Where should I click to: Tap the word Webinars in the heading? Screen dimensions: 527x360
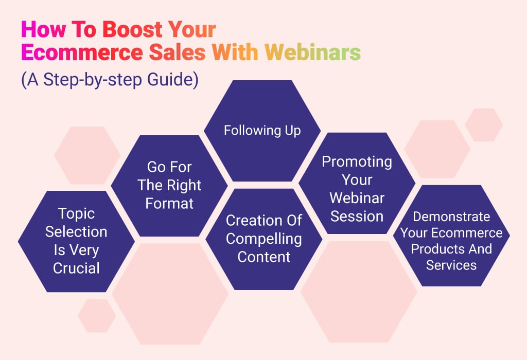click(x=312, y=52)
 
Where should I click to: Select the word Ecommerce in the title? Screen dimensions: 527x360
click(x=82, y=52)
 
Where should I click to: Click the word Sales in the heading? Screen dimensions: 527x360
click(x=177, y=52)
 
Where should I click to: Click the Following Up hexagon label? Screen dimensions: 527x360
click(x=262, y=130)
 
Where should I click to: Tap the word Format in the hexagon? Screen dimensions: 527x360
click(x=169, y=203)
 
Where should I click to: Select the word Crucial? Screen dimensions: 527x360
click(x=76, y=268)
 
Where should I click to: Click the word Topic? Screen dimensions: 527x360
click(x=76, y=214)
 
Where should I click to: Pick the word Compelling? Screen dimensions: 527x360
click(x=264, y=239)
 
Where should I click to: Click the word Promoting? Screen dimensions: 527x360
click(x=357, y=162)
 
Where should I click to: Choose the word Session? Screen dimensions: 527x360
click(x=357, y=217)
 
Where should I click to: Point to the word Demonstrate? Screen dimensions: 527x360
click(x=451, y=217)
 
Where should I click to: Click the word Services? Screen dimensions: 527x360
click(x=451, y=265)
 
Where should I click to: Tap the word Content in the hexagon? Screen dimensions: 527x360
click(x=264, y=257)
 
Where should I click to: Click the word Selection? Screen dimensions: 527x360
click(x=76, y=232)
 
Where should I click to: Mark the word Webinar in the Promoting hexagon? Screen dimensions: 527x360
click(x=357, y=198)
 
